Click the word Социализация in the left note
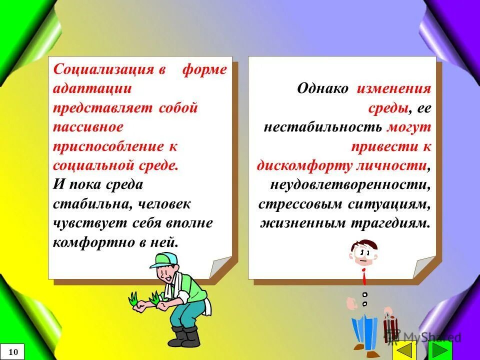pyautogui.click(x=102, y=69)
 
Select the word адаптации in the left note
pyautogui.click(x=92, y=89)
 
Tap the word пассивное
pyautogui.click(x=88, y=127)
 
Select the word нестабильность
pyautogui.click(x=323, y=127)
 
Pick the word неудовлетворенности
pyautogui.click(x=349, y=185)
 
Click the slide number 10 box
pyautogui.click(x=13, y=352)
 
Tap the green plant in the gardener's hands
pyautogui.click(x=133, y=299)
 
